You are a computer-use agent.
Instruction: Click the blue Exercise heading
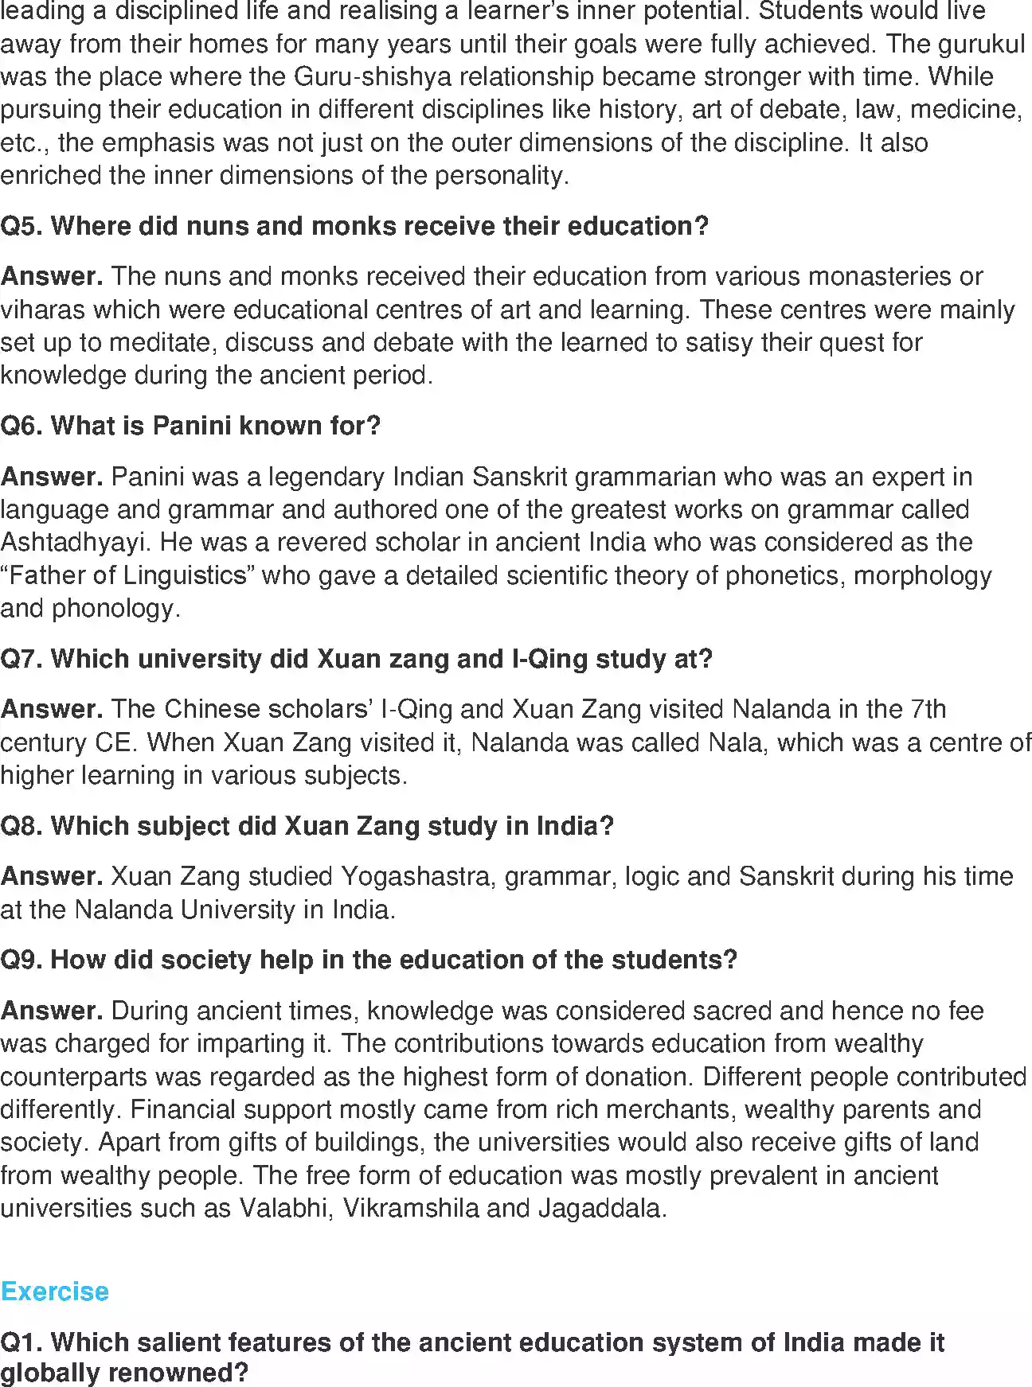54,1291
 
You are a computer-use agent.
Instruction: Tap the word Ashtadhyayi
76,543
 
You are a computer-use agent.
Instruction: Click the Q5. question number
21,226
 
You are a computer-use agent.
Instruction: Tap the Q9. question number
21,960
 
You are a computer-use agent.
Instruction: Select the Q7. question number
21,659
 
